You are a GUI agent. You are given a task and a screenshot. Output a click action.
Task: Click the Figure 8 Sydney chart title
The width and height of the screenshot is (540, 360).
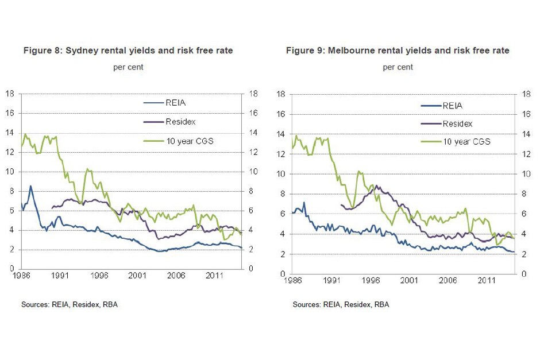pos(128,51)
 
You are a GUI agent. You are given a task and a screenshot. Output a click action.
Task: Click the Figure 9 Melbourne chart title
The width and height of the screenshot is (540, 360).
pos(398,51)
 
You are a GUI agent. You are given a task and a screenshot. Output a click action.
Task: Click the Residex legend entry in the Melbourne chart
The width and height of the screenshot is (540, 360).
pos(457,123)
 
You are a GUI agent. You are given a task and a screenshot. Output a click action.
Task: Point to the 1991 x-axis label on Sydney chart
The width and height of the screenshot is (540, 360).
pos(60,276)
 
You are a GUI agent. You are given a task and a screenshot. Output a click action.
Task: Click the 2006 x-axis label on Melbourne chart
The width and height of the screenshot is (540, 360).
pos(448,281)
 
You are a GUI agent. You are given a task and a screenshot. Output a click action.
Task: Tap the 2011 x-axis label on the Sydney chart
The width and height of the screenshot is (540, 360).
pos(214,276)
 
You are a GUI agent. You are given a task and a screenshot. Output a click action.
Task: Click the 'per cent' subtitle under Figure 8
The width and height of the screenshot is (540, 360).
pos(128,67)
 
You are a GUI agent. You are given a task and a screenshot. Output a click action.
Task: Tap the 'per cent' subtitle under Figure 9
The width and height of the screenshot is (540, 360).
pos(398,67)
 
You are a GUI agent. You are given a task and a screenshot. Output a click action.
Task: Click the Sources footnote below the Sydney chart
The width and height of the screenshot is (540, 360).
pos(70,304)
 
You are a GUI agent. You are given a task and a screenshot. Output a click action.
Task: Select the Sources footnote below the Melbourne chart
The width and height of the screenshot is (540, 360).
pos(341,304)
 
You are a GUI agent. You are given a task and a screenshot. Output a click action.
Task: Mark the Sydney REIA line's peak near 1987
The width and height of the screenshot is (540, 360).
pos(30,186)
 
